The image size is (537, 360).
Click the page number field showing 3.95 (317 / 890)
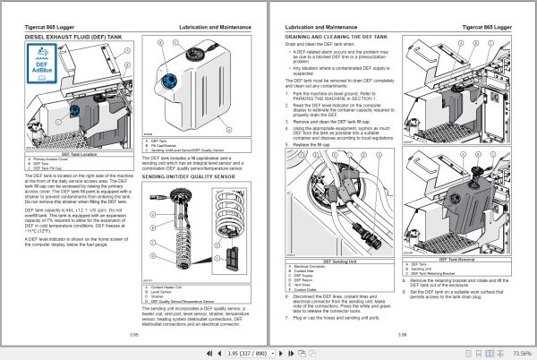point(252,352)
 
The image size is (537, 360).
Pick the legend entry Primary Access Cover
point(54,134)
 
